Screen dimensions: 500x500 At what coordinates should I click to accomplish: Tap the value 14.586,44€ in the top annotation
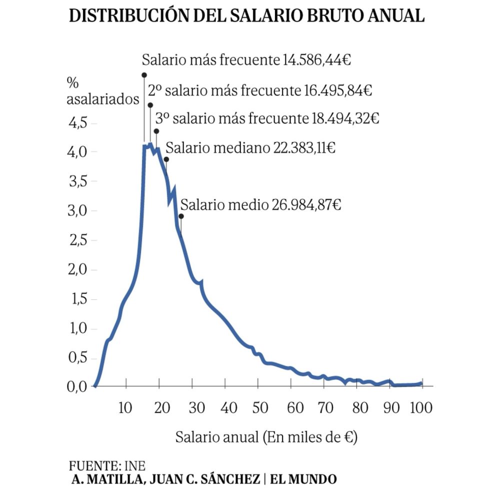[x=316, y=61]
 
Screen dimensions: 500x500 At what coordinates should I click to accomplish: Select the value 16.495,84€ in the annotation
[x=337, y=91]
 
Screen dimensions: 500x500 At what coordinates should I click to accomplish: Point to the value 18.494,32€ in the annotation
[x=344, y=119]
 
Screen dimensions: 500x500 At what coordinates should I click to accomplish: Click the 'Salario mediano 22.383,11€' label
[x=250, y=148]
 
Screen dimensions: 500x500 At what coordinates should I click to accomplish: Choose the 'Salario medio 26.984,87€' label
[x=260, y=204]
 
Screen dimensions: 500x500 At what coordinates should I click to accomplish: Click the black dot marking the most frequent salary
[x=144, y=75]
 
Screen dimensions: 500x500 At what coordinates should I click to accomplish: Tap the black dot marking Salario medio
[x=181, y=216]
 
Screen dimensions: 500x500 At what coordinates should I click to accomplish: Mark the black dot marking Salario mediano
[x=166, y=159]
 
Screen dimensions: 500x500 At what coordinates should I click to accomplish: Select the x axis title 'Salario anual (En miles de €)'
[x=265, y=437]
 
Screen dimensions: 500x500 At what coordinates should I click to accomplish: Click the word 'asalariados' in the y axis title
[x=103, y=99]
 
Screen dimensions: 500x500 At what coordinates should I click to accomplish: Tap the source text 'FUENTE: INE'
[x=107, y=465]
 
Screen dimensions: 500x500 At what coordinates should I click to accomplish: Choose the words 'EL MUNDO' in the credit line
[x=303, y=479]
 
